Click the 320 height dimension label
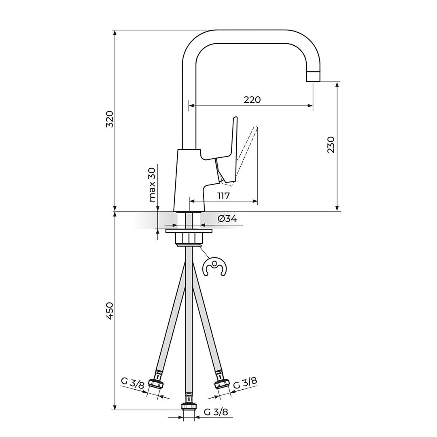[110, 119]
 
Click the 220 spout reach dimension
[252, 100]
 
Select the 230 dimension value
[331, 145]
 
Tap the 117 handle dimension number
[223, 196]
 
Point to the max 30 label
[152, 185]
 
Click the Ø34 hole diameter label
[227, 219]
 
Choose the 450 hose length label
[110, 311]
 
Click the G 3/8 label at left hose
[133, 383]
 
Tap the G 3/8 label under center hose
[216, 412]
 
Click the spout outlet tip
[313, 76]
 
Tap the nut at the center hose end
[189, 406]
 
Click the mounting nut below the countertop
[189, 238]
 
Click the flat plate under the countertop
[189, 231]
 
